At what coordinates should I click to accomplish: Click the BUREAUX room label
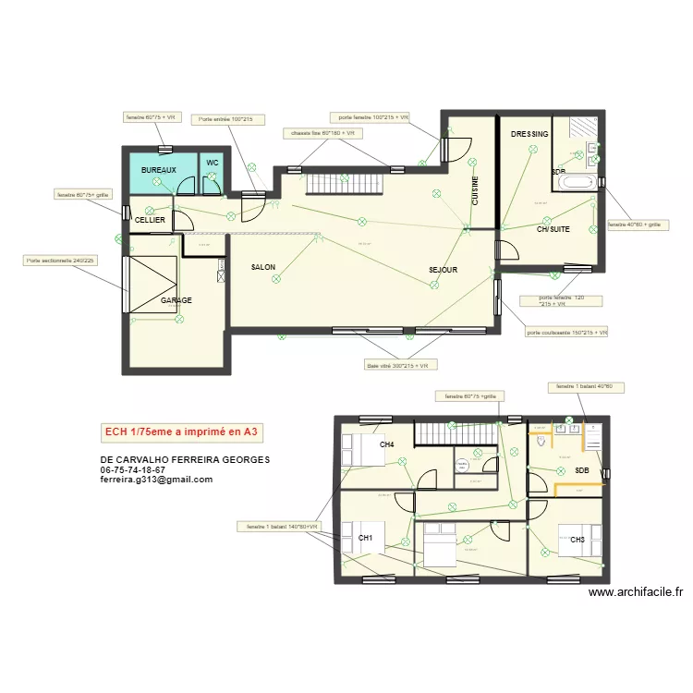(x=158, y=171)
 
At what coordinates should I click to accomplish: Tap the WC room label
(x=213, y=163)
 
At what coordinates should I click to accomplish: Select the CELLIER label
(x=150, y=220)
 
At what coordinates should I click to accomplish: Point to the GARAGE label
(x=176, y=301)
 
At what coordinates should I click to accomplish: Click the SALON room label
(x=263, y=267)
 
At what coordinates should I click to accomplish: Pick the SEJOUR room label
(x=444, y=270)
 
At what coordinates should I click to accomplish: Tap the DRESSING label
(x=529, y=135)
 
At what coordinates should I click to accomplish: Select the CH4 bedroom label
(x=387, y=445)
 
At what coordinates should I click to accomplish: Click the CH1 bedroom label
(x=366, y=538)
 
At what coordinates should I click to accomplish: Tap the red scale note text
(x=184, y=432)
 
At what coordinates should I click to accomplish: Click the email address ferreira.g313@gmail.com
(x=156, y=480)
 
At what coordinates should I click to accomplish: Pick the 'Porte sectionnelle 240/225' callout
(x=60, y=261)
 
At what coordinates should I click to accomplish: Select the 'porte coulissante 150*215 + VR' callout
(x=566, y=333)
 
